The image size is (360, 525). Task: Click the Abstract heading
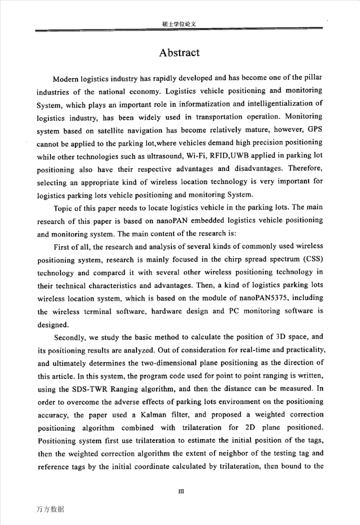[179, 52]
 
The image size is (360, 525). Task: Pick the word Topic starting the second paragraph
[63, 207]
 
